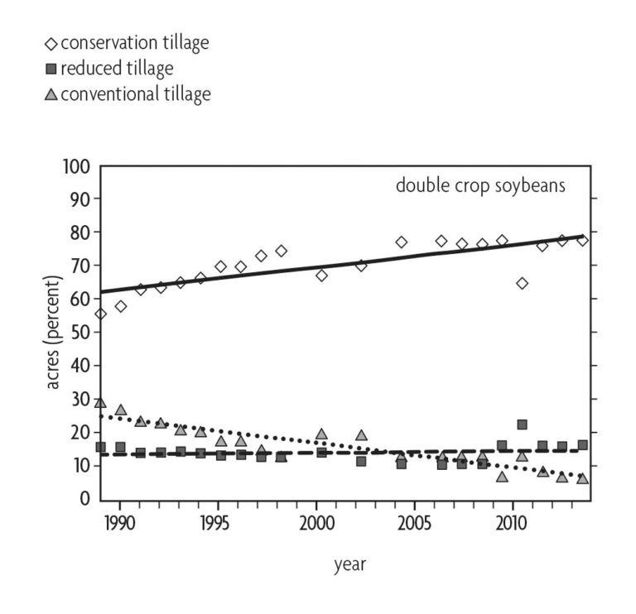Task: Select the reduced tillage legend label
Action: (115, 68)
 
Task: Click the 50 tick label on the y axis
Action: (79, 332)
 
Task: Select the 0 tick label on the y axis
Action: (84, 498)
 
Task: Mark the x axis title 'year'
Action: (349, 565)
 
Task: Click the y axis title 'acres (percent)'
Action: (52, 332)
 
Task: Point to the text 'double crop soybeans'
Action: (480, 185)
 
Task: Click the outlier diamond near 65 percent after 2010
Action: (522, 283)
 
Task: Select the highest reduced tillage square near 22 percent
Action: (522, 425)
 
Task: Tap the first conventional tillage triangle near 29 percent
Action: (100, 402)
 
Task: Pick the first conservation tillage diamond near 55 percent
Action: (100, 314)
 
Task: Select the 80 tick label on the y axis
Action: (79, 233)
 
